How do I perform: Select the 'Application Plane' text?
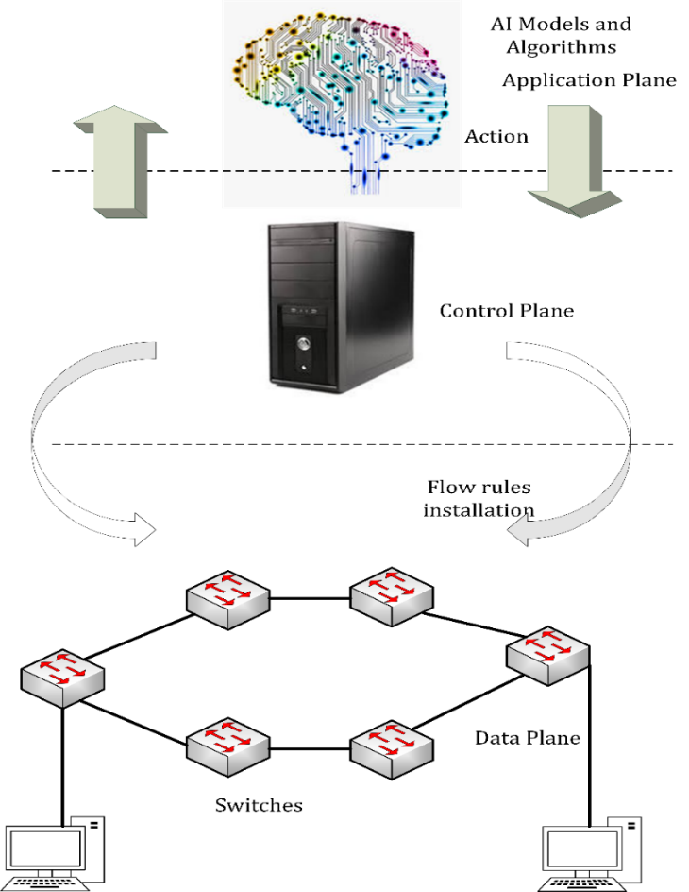coord(589,80)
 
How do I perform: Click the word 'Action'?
coord(496,136)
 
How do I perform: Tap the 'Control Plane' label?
coord(506,310)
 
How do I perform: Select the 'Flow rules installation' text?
coord(479,499)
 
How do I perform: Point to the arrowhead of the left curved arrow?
coord(142,529)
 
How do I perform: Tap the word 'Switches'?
coord(259,805)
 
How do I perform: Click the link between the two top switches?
coord(310,598)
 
